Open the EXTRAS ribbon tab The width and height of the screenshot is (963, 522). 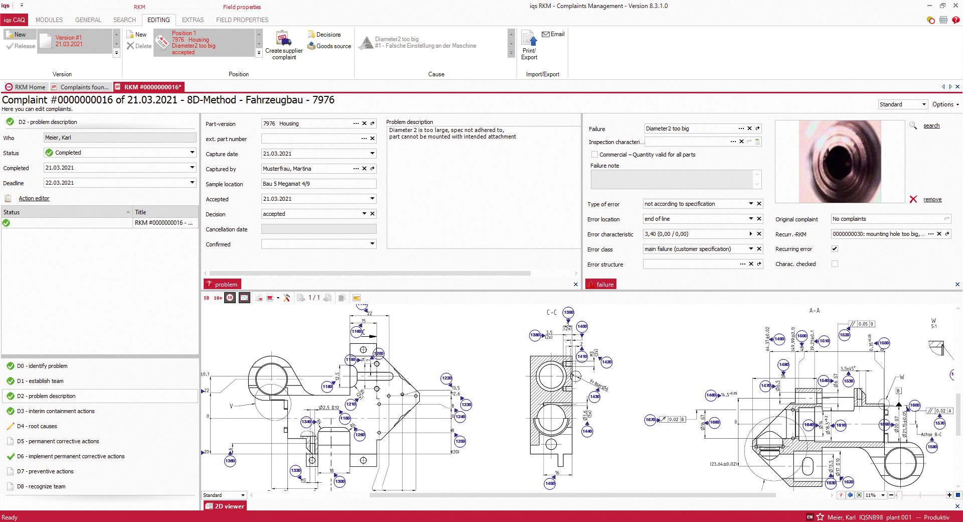click(x=193, y=20)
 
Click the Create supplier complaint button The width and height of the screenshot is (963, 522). click(x=284, y=45)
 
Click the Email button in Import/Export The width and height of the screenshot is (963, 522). click(x=553, y=34)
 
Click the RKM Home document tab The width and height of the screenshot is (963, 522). click(x=26, y=87)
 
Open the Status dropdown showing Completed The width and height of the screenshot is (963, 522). click(x=192, y=153)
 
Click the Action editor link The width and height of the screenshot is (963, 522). click(x=34, y=198)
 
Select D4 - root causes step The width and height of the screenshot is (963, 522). click(x=37, y=426)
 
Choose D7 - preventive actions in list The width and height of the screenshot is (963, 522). click(x=45, y=471)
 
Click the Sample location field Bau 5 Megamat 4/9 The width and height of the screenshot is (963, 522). click(x=318, y=184)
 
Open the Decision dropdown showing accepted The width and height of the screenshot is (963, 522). click(x=364, y=214)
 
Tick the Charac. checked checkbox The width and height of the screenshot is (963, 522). click(x=835, y=264)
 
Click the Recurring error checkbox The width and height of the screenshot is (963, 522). click(x=835, y=249)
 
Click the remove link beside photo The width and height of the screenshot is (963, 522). click(x=932, y=199)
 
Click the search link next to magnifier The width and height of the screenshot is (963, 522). click(x=931, y=125)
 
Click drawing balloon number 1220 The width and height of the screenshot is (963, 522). click(x=446, y=378)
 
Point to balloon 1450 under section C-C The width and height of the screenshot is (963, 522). click(x=550, y=483)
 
